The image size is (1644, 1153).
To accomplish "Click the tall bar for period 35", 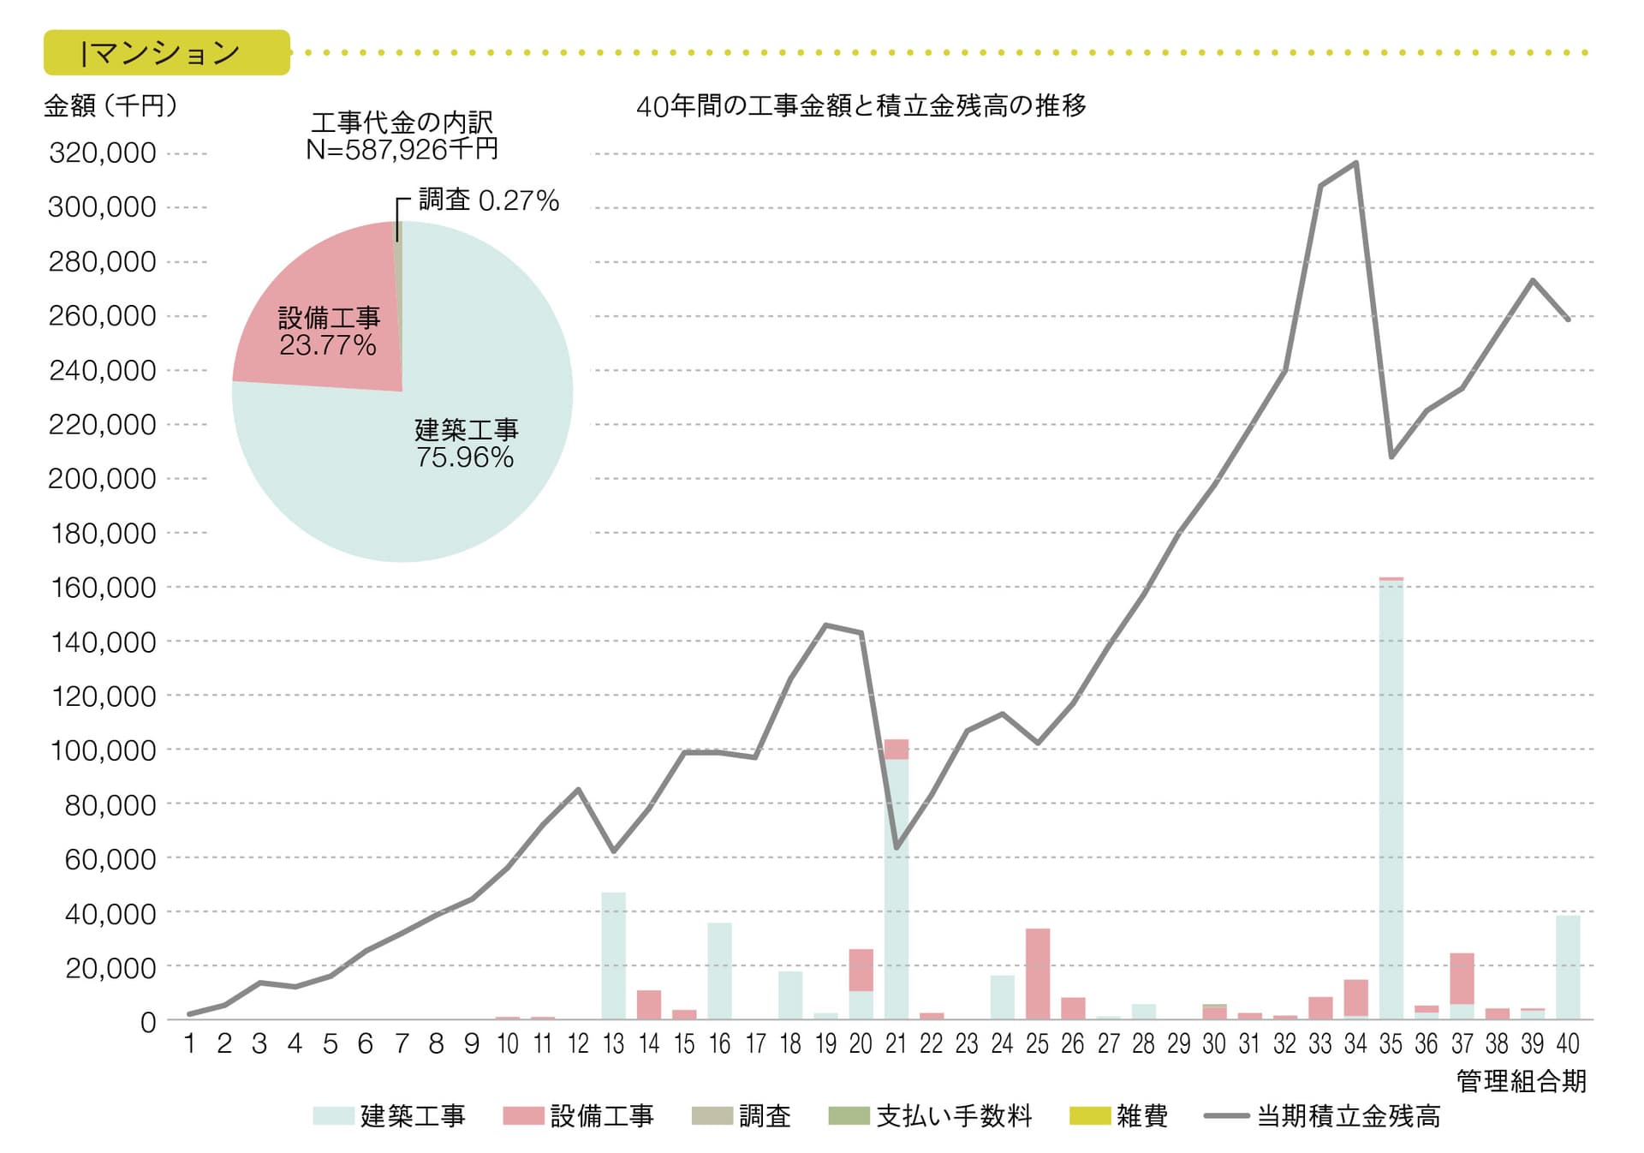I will click(1391, 797).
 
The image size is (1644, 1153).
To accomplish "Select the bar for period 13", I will click(613, 955).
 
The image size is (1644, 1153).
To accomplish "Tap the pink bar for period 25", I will click(1037, 973).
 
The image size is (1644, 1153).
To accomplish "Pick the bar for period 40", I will click(1567, 967).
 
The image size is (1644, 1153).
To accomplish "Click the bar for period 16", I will click(719, 971).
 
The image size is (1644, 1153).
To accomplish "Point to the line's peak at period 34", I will click(1355, 163).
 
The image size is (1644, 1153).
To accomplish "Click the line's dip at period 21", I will click(896, 848).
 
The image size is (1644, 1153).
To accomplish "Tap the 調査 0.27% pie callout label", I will click(488, 200).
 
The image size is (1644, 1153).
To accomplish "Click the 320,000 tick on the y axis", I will click(103, 153).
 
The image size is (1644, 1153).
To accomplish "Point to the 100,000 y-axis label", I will click(104, 750).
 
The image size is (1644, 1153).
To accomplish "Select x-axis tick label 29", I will click(1178, 1043).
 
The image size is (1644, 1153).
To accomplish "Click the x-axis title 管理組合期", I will click(1521, 1081).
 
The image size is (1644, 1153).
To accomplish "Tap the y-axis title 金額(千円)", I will click(110, 106).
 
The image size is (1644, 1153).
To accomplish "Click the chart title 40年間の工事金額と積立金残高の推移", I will click(861, 106).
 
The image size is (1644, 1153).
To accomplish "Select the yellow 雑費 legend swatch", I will click(1089, 1116).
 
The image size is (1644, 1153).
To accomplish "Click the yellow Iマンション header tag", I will click(167, 53).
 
